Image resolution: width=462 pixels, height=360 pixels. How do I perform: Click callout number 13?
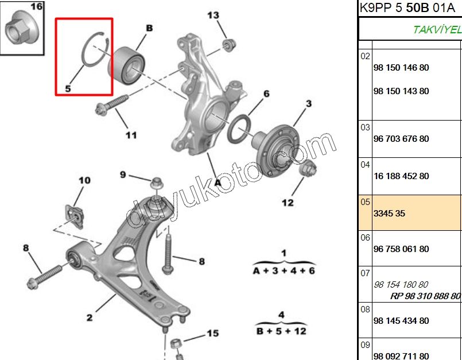pos(213,15)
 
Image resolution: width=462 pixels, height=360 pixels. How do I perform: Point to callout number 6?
pos(266,94)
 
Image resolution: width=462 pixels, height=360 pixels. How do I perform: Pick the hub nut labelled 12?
pos(307,171)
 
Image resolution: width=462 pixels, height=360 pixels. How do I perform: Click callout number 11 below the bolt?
pos(131,136)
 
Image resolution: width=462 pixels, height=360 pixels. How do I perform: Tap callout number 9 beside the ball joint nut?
pos(122,175)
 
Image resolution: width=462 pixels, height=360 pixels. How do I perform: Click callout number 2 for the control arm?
pos(90,317)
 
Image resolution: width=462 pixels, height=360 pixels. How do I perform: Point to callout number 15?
pos(213,333)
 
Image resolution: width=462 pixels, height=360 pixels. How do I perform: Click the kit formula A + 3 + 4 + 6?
pos(284,270)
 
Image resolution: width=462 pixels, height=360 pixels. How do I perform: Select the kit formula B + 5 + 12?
pos(281,331)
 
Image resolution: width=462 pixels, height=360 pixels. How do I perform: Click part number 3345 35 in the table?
pos(389,213)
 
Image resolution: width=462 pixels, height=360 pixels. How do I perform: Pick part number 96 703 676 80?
pos(401,139)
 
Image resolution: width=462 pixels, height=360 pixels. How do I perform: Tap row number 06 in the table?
pos(366,237)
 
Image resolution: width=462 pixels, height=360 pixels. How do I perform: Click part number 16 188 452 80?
pos(401,176)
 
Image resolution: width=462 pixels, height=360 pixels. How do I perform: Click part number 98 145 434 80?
pos(401,320)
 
